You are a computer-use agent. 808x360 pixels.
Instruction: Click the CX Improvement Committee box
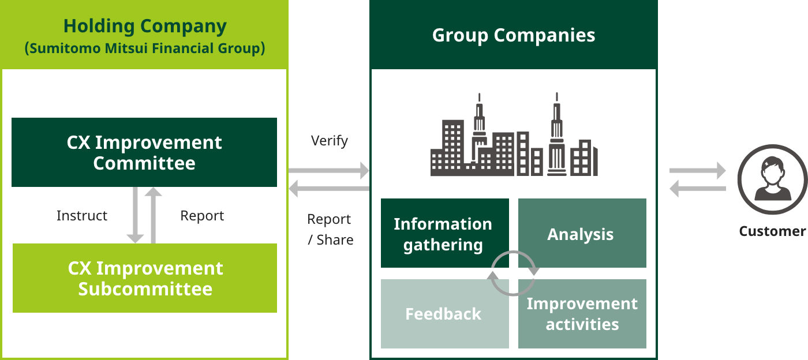[x=144, y=152]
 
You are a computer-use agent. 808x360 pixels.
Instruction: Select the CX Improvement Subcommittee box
[x=145, y=278]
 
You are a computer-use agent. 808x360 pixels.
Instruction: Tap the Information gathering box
[x=445, y=233]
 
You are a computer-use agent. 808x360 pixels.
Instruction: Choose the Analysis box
[x=582, y=233]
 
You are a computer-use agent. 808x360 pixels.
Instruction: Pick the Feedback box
[x=445, y=314]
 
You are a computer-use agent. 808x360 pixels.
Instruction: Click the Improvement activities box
[x=582, y=314]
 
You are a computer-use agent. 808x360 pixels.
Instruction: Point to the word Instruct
[x=82, y=216]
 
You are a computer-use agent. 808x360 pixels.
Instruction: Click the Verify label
[x=330, y=141]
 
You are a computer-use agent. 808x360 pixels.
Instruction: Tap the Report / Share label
[x=330, y=230]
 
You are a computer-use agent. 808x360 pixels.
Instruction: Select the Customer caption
[x=772, y=231]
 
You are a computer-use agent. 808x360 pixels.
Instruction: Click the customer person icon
[x=772, y=179]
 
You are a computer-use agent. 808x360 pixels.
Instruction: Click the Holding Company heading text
[x=145, y=27]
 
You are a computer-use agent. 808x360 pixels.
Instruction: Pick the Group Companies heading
[x=514, y=35]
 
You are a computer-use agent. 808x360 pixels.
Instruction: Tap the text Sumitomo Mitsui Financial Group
[x=145, y=48]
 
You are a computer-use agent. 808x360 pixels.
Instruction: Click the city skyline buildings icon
[x=514, y=134]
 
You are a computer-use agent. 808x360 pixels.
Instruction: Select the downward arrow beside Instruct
[x=135, y=215]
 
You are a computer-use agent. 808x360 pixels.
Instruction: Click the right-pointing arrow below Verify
[x=329, y=171]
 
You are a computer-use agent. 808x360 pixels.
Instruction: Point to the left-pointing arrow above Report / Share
[x=329, y=188]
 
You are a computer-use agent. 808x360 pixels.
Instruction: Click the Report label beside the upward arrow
[x=202, y=216]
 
